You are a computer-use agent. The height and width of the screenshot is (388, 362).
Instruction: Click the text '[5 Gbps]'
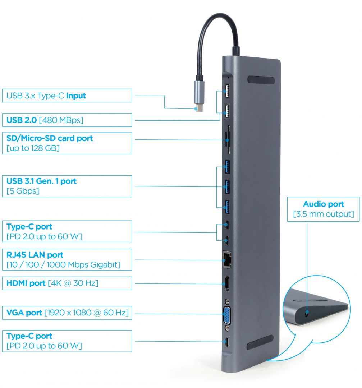coord(23,191)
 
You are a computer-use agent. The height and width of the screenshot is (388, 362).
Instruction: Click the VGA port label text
coord(67,313)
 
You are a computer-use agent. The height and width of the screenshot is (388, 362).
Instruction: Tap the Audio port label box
coord(323,209)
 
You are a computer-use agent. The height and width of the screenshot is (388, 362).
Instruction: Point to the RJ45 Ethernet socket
coord(227,259)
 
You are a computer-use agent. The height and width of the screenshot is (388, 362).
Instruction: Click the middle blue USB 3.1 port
coord(227,186)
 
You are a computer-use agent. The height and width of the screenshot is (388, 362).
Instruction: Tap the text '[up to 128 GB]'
coord(33,148)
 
